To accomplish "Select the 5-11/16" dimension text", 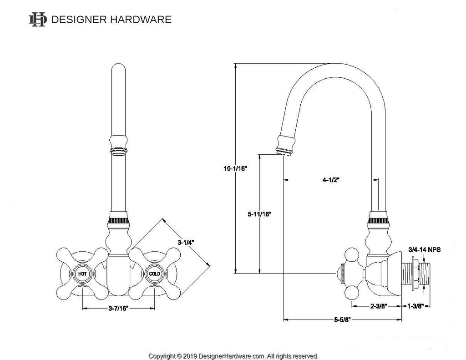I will (x=259, y=213).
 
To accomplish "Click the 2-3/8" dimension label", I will (x=378, y=306).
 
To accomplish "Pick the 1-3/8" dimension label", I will (x=415, y=306).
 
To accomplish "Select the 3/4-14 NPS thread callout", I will (x=425, y=249).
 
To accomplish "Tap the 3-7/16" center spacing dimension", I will (x=118, y=309).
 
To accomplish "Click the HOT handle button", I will (x=82, y=274).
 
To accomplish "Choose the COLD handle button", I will (x=154, y=274).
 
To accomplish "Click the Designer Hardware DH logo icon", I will (x=38, y=20).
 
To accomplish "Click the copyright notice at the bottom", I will (x=233, y=355).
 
